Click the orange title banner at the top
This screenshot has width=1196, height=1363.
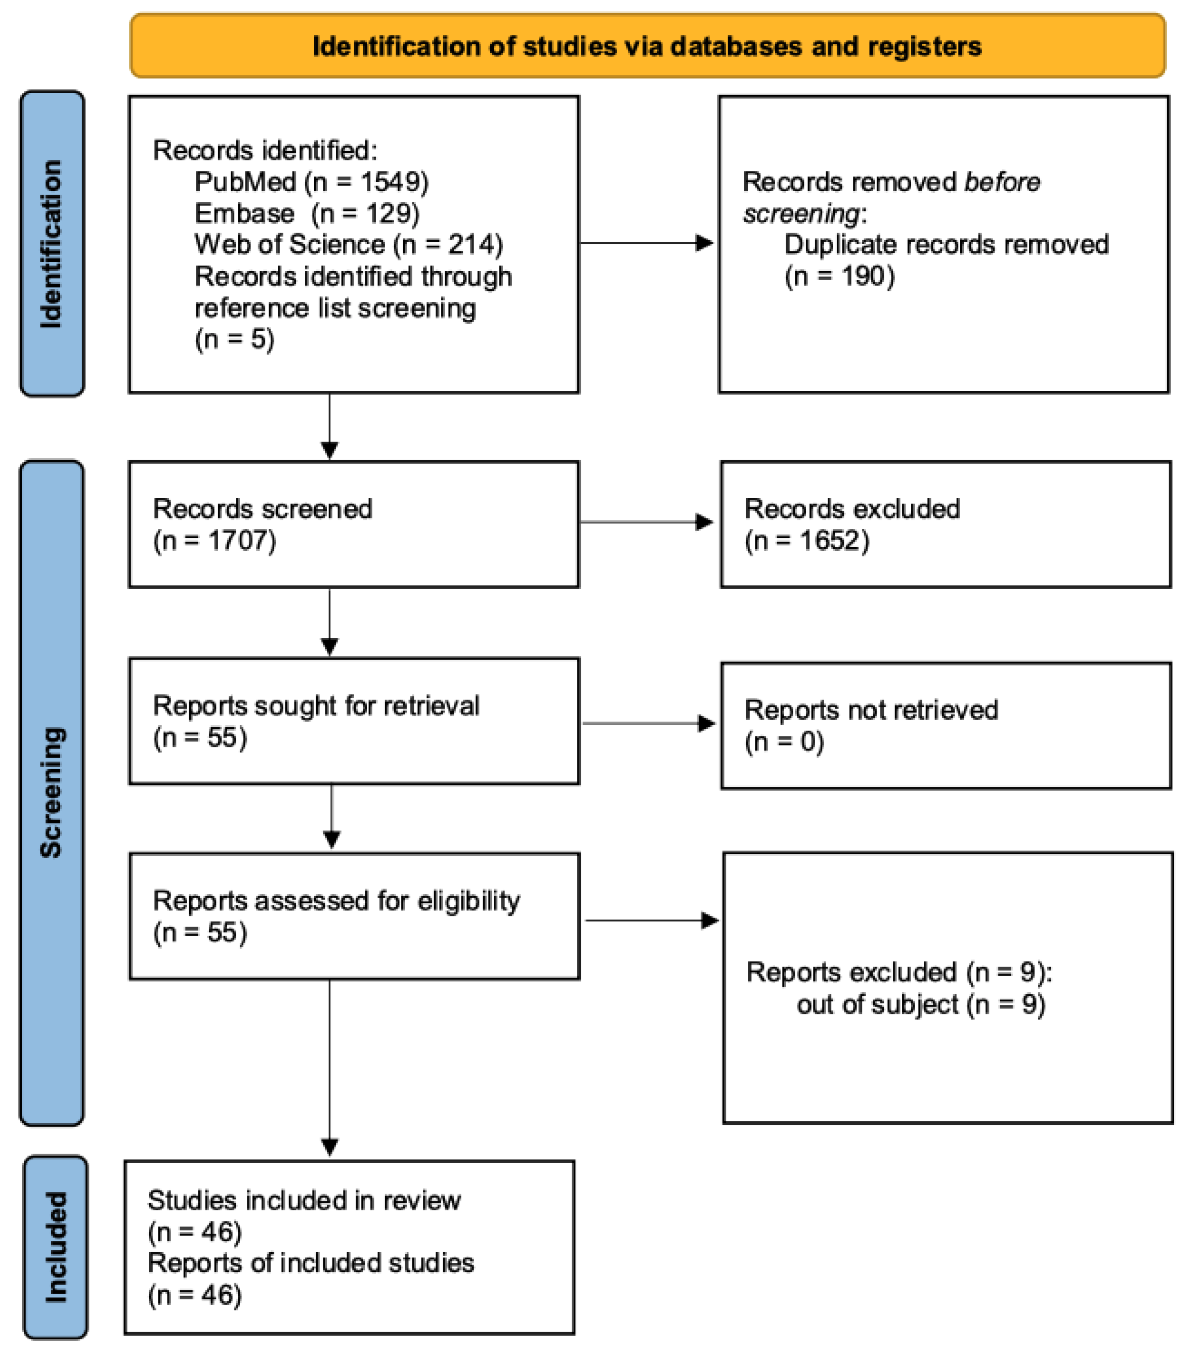(x=647, y=46)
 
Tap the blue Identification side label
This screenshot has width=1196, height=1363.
(x=52, y=243)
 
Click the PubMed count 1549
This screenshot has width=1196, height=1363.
(x=394, y=182)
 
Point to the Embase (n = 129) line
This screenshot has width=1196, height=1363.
(x=307, y=213)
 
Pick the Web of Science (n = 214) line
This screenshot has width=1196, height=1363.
(x=348, y=244)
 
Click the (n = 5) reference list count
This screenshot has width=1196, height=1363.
(x=234, y=339)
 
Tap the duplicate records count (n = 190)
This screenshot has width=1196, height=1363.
(x=839, y=276)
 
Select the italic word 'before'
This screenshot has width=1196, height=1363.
(x=1002, y=182)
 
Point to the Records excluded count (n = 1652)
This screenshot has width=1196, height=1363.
(x=806, y=540)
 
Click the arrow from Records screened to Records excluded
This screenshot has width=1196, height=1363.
(x=646, y=521)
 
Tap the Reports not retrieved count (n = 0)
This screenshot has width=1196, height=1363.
(x=784, y=741)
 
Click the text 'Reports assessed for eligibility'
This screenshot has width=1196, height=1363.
(x=336, y=900)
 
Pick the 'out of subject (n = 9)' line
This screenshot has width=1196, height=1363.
(x=920, y=1003)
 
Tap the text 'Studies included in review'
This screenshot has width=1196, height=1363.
(x=304, y=1200)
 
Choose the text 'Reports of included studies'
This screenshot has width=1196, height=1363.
(x=310, y=1263)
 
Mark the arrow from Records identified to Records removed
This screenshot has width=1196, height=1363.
(x=646, y=243)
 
